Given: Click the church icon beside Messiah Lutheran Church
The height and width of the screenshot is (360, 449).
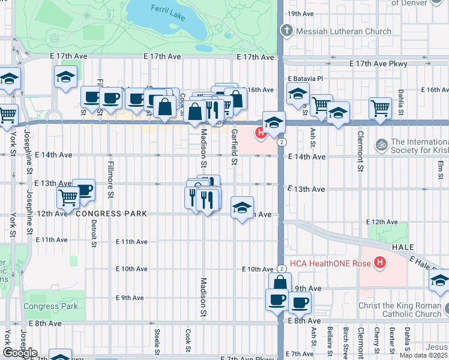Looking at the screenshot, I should (286, 31).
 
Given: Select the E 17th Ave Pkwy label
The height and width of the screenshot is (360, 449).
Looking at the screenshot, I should (379, 64).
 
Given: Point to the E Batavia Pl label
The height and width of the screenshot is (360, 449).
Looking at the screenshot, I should (305, 79).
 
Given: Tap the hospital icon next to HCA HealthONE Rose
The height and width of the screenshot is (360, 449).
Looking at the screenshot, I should (379, 262).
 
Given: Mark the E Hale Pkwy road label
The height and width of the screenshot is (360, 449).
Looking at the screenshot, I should (427, 263).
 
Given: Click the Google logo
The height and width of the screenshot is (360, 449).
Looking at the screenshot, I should (20, 353).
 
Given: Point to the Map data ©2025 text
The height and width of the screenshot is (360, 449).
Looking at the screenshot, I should (423, 355).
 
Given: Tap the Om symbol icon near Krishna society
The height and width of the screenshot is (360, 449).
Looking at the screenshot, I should (380, 145).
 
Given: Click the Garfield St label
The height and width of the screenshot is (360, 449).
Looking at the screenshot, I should (235, 146).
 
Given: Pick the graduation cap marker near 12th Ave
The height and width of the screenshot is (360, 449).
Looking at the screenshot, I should (242, 208).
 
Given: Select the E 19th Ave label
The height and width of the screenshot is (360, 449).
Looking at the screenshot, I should (301, 14).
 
